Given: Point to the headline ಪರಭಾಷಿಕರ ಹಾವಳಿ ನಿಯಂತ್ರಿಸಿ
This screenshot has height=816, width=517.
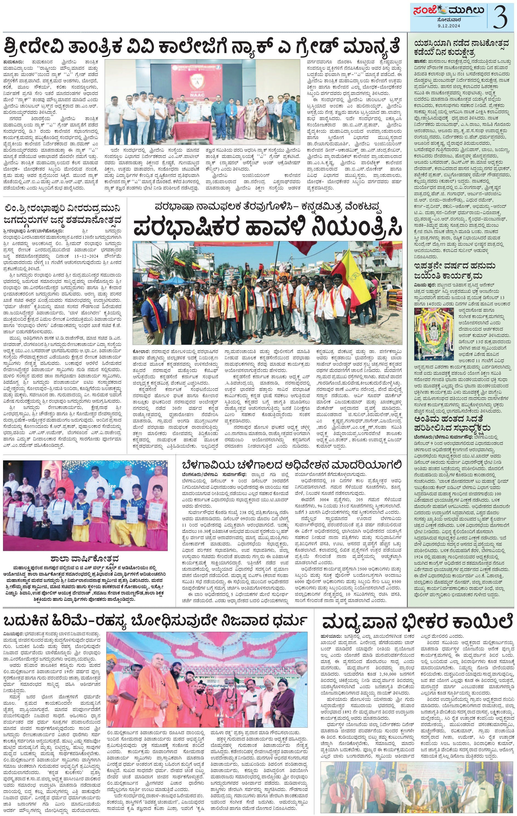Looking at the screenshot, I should click(267, 228).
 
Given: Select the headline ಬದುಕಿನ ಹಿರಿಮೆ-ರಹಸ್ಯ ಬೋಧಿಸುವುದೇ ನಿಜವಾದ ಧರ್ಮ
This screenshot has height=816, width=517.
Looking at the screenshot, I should click(156, 622).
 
